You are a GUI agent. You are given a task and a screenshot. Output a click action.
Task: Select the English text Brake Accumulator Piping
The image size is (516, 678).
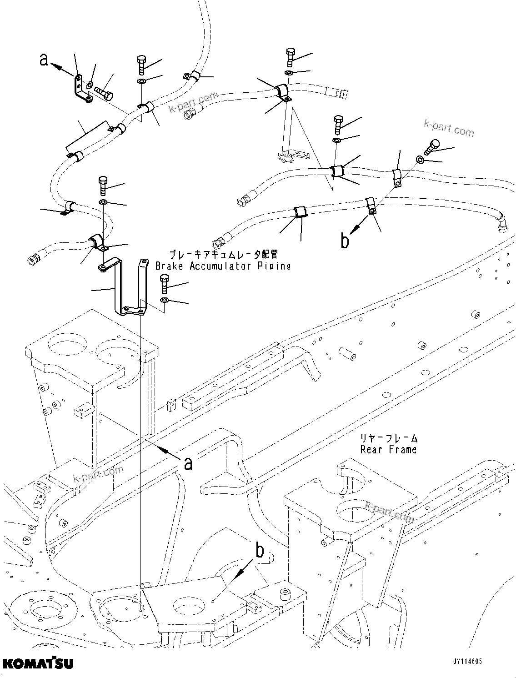(x=223, y=266)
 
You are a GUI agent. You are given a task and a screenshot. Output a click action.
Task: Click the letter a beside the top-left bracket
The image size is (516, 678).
(x=44, y=59)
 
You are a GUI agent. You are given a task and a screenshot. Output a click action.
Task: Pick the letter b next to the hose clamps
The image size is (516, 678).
(x=345, y=241)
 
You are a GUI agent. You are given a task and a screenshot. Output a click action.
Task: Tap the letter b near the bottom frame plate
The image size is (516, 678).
(x=260, y=551)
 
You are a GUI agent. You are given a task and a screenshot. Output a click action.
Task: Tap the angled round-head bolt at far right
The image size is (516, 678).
(x=431, y=146)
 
